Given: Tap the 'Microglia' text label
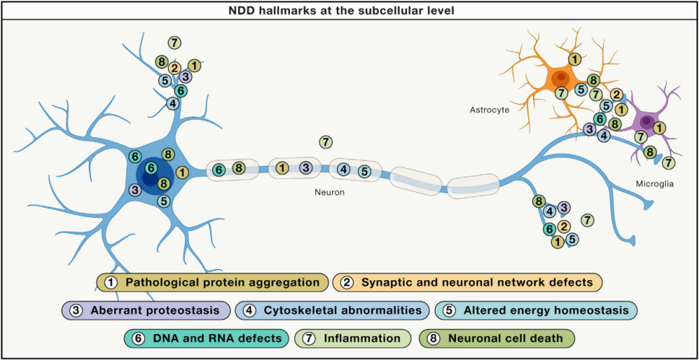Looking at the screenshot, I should pyautogui.click(x=654, y=184).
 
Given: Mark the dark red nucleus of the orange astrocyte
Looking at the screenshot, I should pyautogui.click(x=560, y=78).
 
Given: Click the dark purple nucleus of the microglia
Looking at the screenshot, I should pyautogui.click(x=647, y=120).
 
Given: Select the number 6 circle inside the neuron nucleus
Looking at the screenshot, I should pyautogui.click(x=151, y=167).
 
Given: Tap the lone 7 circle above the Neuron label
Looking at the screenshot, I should pyautogui.click(x=325, y=141).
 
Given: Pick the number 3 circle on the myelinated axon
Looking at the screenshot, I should pyautogui.click(x=305, y=168).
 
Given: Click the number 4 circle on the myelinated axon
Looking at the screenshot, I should pyautogui.click(x=343, y=170).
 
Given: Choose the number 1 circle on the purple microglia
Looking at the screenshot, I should pyautogui.click(x=659, y=128).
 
